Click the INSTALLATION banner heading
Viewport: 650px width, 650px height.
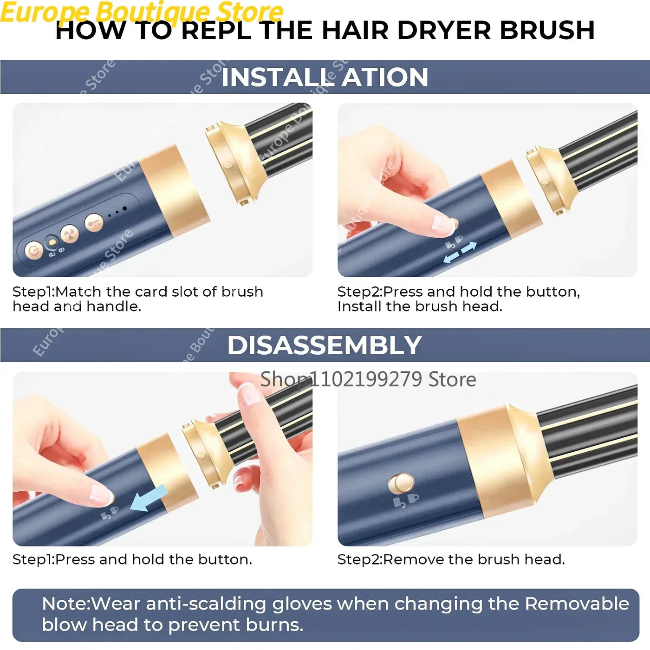325,77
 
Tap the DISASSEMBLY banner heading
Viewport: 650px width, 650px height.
325,345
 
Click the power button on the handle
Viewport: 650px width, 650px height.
33,251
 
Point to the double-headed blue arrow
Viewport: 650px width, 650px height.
460,252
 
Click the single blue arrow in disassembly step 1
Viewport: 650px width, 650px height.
149,498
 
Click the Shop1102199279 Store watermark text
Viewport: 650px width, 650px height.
368,379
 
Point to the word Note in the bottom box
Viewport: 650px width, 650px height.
65,604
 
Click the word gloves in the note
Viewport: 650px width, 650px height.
302,604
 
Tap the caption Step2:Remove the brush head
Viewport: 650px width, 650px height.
451,559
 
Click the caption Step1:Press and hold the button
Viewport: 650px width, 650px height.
132,559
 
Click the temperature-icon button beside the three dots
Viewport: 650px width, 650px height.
94,223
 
